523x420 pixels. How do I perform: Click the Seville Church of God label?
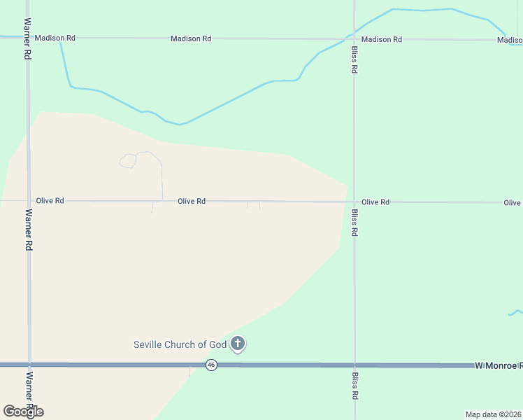pyautogui.click(x=180, y=344)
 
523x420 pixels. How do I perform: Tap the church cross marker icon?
pyautogui.click(x=238, y=344)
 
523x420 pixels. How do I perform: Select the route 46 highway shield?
pyautogui.click(x=212, y=365)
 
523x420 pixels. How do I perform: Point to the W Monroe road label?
pyautogui.click(x=498, y=365)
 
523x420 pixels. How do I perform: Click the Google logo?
pyautogui.click(x=23, y=411)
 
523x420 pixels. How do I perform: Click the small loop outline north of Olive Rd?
pyautogui.click(x=128, y=162)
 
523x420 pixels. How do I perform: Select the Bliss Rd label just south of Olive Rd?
pyautogui.click(x=355, y=222)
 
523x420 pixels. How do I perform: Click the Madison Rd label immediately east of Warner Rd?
pyautogui.click(x=55, y=38)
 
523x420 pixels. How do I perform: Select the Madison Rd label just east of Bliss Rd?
pyautogui.click(x=382, y=39)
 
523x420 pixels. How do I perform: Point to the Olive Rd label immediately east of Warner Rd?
pyautogui.click(x=50, y=201)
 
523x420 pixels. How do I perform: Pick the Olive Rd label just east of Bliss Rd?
pyautogui.click(x=375, y=202)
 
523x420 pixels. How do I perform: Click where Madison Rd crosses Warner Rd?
pyautogui.click(x=28, y=38)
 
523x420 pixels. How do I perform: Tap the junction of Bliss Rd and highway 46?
pyautogui.click(x=354, y=365)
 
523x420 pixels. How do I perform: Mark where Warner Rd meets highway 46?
pyautogui.click(x=29, y=365)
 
